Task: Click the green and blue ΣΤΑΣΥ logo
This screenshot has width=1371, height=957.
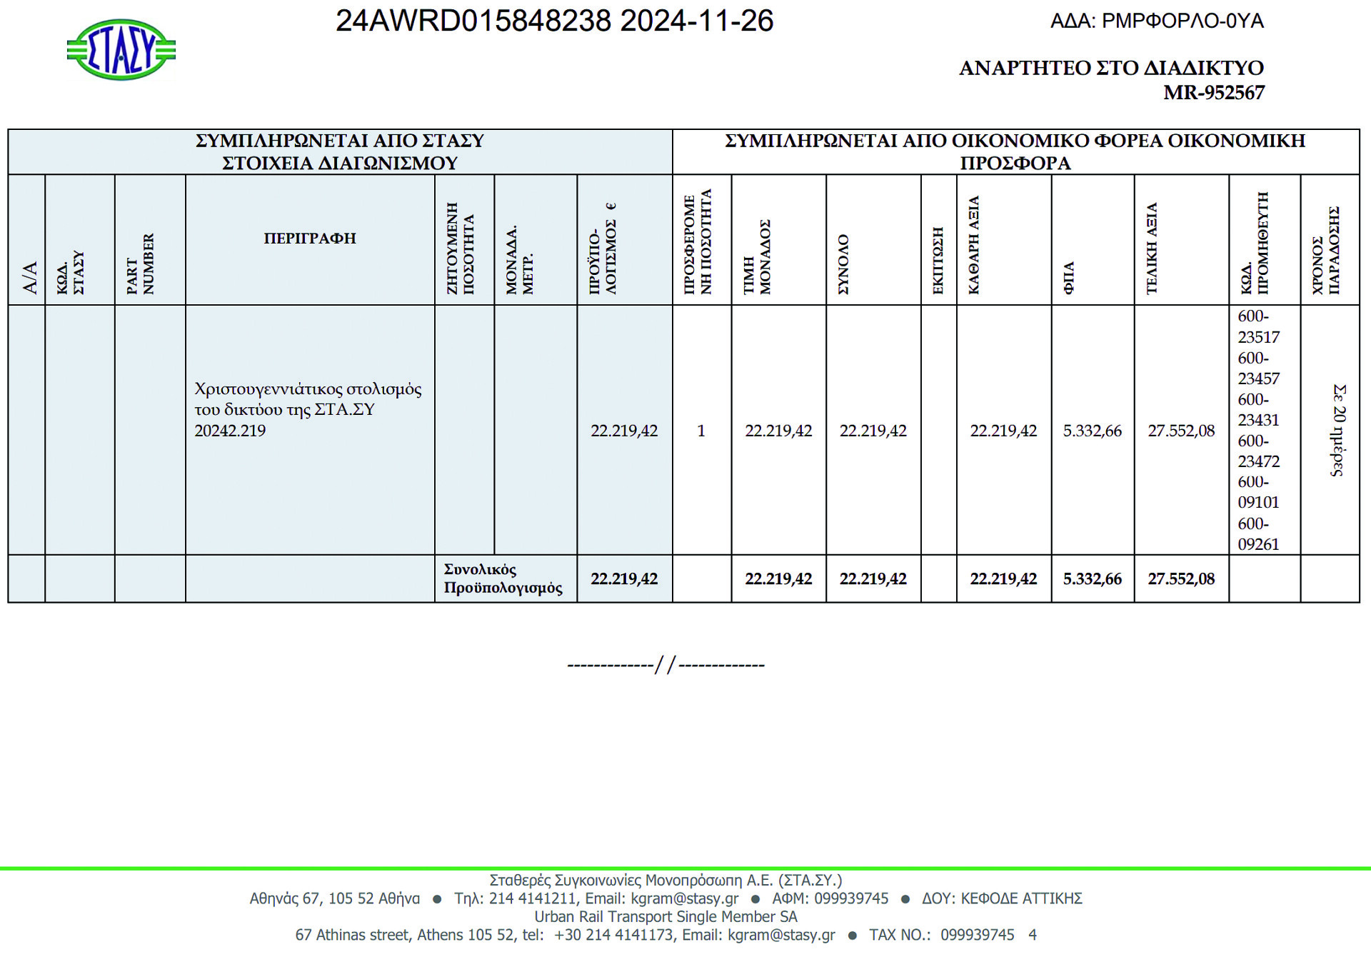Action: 121,50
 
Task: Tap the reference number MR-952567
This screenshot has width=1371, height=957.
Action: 1213,93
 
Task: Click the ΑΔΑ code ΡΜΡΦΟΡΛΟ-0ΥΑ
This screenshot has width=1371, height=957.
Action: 1182,21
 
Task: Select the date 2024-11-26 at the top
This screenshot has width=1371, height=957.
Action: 696,21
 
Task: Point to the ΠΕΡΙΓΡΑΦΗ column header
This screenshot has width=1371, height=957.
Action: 310,239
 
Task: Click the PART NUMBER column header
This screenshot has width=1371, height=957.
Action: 141,264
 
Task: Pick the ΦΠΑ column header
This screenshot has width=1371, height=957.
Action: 1069,279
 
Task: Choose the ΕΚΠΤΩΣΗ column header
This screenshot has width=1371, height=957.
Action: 938,261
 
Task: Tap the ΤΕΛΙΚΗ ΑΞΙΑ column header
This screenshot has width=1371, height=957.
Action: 1151,249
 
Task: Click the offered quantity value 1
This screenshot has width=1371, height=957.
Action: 701,431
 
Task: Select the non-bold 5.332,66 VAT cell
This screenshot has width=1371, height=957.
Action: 1092,431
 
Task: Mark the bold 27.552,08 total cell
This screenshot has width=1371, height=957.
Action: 1181,578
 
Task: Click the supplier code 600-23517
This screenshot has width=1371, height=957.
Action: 1258,326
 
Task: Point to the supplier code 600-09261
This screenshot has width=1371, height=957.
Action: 1258,534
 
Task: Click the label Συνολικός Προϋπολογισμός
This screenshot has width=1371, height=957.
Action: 503,578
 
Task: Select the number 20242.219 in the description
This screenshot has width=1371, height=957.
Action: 230,431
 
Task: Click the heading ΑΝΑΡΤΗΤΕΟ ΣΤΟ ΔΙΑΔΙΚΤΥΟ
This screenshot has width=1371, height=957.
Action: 1111,68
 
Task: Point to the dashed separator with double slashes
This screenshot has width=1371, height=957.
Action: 666,666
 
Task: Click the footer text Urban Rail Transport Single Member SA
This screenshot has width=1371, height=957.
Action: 666,916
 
